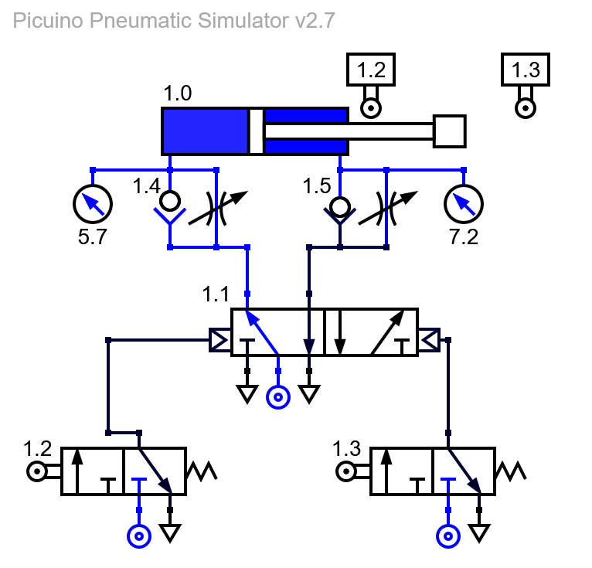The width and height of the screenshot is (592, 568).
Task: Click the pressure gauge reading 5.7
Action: click(93, 204)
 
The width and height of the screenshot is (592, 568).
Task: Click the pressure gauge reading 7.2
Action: click(464, 204)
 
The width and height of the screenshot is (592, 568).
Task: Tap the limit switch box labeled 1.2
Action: click(371, 70)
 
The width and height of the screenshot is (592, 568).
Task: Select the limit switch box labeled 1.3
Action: click(526, 70)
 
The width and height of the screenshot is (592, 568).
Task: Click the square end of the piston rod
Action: click(449, 131)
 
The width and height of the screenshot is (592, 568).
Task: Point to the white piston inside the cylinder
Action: click(257, 131)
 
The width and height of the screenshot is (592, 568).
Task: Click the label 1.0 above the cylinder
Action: click(178, 93)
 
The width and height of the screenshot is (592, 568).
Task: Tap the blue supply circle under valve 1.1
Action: click(278, 397)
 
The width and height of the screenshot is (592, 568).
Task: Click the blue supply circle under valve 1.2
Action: click(139, 536)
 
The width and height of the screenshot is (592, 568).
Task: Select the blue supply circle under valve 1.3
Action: click(448, 536)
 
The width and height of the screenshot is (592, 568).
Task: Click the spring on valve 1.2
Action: click(202, 471)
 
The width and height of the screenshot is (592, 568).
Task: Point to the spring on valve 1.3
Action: click(511, 471)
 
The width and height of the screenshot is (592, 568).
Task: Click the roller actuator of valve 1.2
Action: click(37, 471)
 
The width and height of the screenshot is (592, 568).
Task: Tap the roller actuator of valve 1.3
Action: click(346, 471)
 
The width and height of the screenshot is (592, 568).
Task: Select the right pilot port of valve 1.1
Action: click(429, 341)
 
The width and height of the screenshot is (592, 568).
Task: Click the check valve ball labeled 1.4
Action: click(170, 201)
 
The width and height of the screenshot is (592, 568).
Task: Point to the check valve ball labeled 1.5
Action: click(340, 207)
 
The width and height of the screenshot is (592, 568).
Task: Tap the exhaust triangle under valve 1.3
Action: click(479, 532)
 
